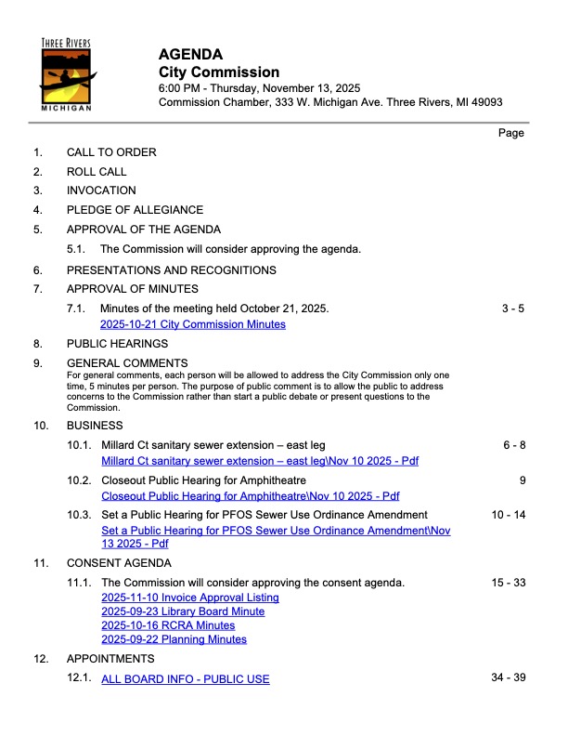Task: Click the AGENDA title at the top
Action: (x=190, y=54)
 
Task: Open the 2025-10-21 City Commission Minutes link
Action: (x=192, y=324)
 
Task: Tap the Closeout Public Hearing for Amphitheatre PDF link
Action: (x=249, y=496)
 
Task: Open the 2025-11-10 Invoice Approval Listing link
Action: (x=189, y=598)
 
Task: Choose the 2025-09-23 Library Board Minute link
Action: (x=183, y=611)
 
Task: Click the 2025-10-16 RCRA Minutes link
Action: (x=168, y=625)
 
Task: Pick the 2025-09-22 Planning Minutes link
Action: (x=174, y=639)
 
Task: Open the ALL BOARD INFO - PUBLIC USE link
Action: (x=185, y=679)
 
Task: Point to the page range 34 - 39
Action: (x=509, y=677)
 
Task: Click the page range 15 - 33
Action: (x=509, y=583)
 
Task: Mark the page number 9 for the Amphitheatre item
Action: (x=523, y=480)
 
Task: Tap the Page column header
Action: (x=511, y=133)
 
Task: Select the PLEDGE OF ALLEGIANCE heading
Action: (x=135, y=210)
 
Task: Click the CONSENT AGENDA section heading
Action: (x=119, y=563)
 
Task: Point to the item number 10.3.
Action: (x=80, y=514)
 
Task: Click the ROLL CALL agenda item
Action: (x=97, y=172)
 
